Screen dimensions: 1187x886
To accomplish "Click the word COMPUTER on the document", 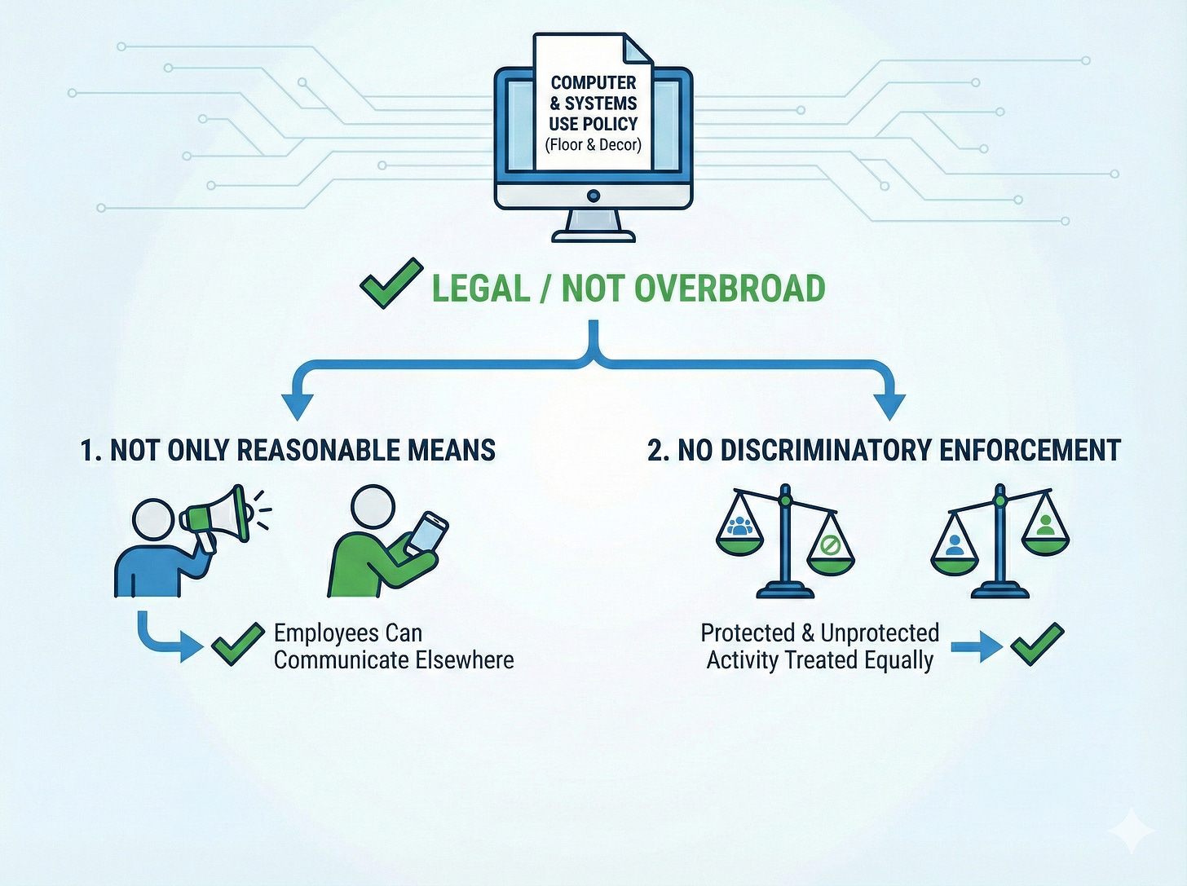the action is tap(593, 83).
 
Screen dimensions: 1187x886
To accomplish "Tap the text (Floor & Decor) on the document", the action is tap(593, 145).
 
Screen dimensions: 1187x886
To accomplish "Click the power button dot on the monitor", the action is tap(593, 196).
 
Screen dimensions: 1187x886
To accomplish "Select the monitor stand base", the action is tap(593, 236).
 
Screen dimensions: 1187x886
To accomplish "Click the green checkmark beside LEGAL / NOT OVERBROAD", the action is tap(391, 283).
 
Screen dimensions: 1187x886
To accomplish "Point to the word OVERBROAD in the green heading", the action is tap(729, 289).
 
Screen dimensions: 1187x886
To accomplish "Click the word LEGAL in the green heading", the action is tap(480, 289).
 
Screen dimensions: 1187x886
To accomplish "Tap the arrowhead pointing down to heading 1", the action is tap(298, 405).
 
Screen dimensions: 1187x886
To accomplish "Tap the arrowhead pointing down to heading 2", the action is tap(889, 405).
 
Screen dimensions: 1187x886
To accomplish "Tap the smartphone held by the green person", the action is tap(426, 533).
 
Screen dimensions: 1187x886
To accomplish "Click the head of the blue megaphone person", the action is tap(153, 518).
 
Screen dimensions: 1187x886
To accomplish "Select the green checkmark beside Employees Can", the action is tap(237, 644).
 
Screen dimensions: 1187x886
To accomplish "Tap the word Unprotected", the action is tap(880, 633).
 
